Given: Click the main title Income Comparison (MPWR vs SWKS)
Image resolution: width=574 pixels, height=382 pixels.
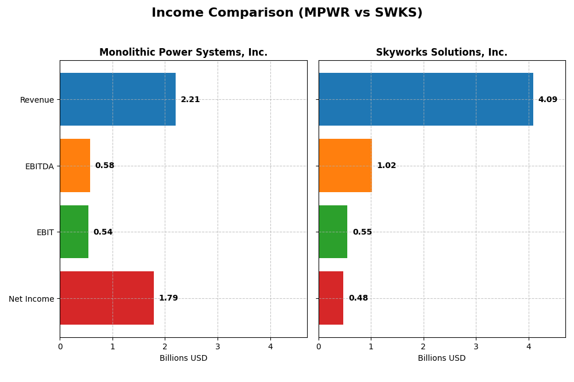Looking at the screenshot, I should point(287,13).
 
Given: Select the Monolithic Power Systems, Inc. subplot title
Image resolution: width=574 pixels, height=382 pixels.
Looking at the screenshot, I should point(183,53).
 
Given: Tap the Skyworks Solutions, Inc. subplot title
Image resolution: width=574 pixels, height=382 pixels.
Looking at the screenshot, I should point(441,53).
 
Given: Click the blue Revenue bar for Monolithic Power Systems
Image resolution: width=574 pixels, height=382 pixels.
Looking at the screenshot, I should point(118,99).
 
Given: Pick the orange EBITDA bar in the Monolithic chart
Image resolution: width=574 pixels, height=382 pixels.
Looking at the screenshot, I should point(75,166).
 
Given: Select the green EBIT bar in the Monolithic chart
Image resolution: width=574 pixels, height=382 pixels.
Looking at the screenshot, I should point(74,232).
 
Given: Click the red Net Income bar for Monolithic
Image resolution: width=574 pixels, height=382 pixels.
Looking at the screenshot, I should point(107,298).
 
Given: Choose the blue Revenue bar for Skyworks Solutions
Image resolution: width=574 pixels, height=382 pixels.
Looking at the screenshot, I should point(426,99).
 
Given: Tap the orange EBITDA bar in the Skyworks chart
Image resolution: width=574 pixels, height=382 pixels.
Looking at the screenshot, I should point(345,166).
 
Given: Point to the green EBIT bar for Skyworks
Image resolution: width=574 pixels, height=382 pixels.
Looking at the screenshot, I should point(333,232).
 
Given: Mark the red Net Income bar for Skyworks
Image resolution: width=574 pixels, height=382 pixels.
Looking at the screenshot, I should point(331,298).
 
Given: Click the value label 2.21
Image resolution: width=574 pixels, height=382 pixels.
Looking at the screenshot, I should point(191,100).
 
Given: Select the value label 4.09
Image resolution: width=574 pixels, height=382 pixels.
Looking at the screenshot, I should point(548,100).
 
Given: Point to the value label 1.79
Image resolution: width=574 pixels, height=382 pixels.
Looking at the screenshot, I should point(168,298).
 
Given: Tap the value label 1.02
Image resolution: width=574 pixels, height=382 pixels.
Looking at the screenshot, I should point(386,166).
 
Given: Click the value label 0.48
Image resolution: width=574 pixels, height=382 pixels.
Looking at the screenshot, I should point(358,298).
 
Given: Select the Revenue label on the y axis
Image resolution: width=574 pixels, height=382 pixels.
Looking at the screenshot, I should point(37,100).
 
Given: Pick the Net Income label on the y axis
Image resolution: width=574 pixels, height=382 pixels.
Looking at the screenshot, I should point(31,299).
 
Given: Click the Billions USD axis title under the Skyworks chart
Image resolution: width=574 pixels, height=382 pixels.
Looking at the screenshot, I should point(441,358).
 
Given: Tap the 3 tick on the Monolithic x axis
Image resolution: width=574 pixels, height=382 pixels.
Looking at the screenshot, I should point(218,346).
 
